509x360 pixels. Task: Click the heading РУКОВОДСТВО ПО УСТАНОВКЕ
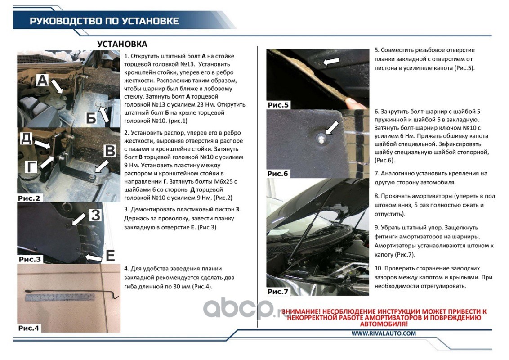tap(104, 21)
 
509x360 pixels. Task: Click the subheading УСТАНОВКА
tap(122, 44)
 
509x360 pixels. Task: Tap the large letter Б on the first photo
tap(91, 118)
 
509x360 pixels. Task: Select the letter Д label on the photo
tap(26, 138)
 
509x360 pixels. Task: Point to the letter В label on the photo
tap(110, 151)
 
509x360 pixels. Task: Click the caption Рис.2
tap(29, 198)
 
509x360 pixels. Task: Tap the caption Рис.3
tap(30, 260)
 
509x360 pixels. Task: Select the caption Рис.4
tap(29, 328)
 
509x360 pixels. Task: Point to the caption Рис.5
tap(279, 105)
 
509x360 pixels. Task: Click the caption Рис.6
tap(278, 174)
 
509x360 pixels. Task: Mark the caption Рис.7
tap(278, 292)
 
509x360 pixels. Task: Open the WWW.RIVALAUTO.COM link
tap(384, 333)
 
